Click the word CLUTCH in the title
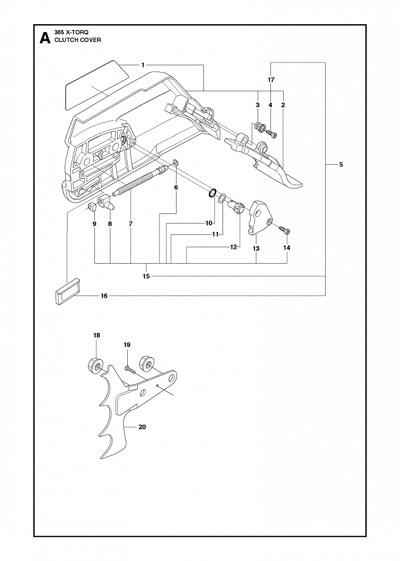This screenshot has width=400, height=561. (x=65, y=40)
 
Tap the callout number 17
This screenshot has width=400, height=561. (x=271, y=80)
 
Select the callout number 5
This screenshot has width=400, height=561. (x=341, y=165)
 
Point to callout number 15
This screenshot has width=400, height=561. (x=146, y=276)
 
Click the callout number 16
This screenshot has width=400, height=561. (x=104, y=296)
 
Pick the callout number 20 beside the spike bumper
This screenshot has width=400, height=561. (x=142, y=427)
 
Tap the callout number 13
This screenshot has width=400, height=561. (x=256, y=249)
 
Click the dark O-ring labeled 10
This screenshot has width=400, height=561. (x=212, y=193)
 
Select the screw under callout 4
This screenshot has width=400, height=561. (x=271, y=134)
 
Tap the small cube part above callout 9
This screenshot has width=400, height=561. (x=92, y=207)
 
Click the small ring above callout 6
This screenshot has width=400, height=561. (x=176, y=162)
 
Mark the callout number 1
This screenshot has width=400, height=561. (x=143, y=65)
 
